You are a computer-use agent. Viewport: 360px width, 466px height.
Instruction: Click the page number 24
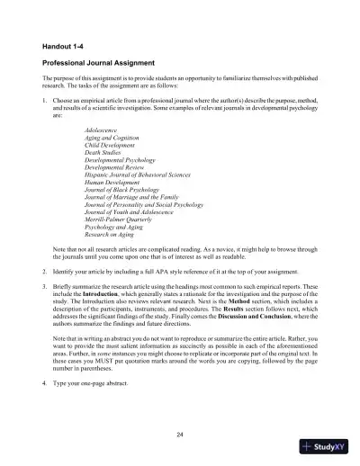(x=180, y=435)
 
